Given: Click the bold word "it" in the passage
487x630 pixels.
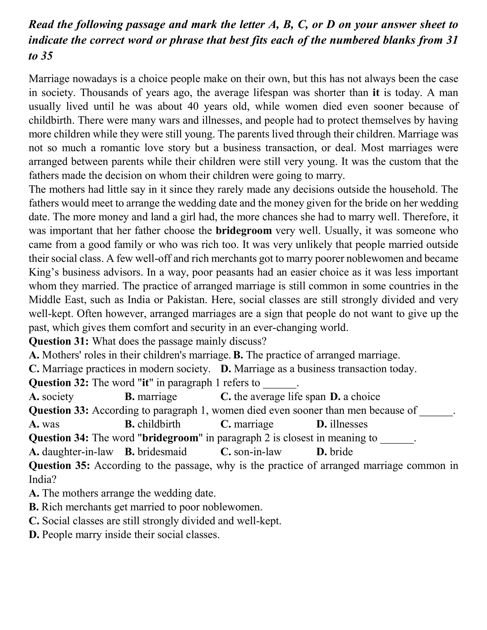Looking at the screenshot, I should coord(376,92).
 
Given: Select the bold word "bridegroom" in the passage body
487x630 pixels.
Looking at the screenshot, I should coord(243,231).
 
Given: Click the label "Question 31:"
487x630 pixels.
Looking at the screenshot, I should coord(59,341).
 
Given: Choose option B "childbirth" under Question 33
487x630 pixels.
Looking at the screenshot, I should coord(152,424).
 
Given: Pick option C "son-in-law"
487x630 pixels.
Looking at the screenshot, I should coord(251,452).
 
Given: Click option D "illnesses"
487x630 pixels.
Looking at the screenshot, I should coord(342,424).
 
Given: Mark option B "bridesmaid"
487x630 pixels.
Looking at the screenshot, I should coord(156,452).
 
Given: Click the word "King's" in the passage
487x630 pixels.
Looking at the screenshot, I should coord(44,272).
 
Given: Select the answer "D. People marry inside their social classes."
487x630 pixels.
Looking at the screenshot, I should coord(124,534).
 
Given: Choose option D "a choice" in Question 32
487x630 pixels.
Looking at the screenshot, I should coord(355,397).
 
